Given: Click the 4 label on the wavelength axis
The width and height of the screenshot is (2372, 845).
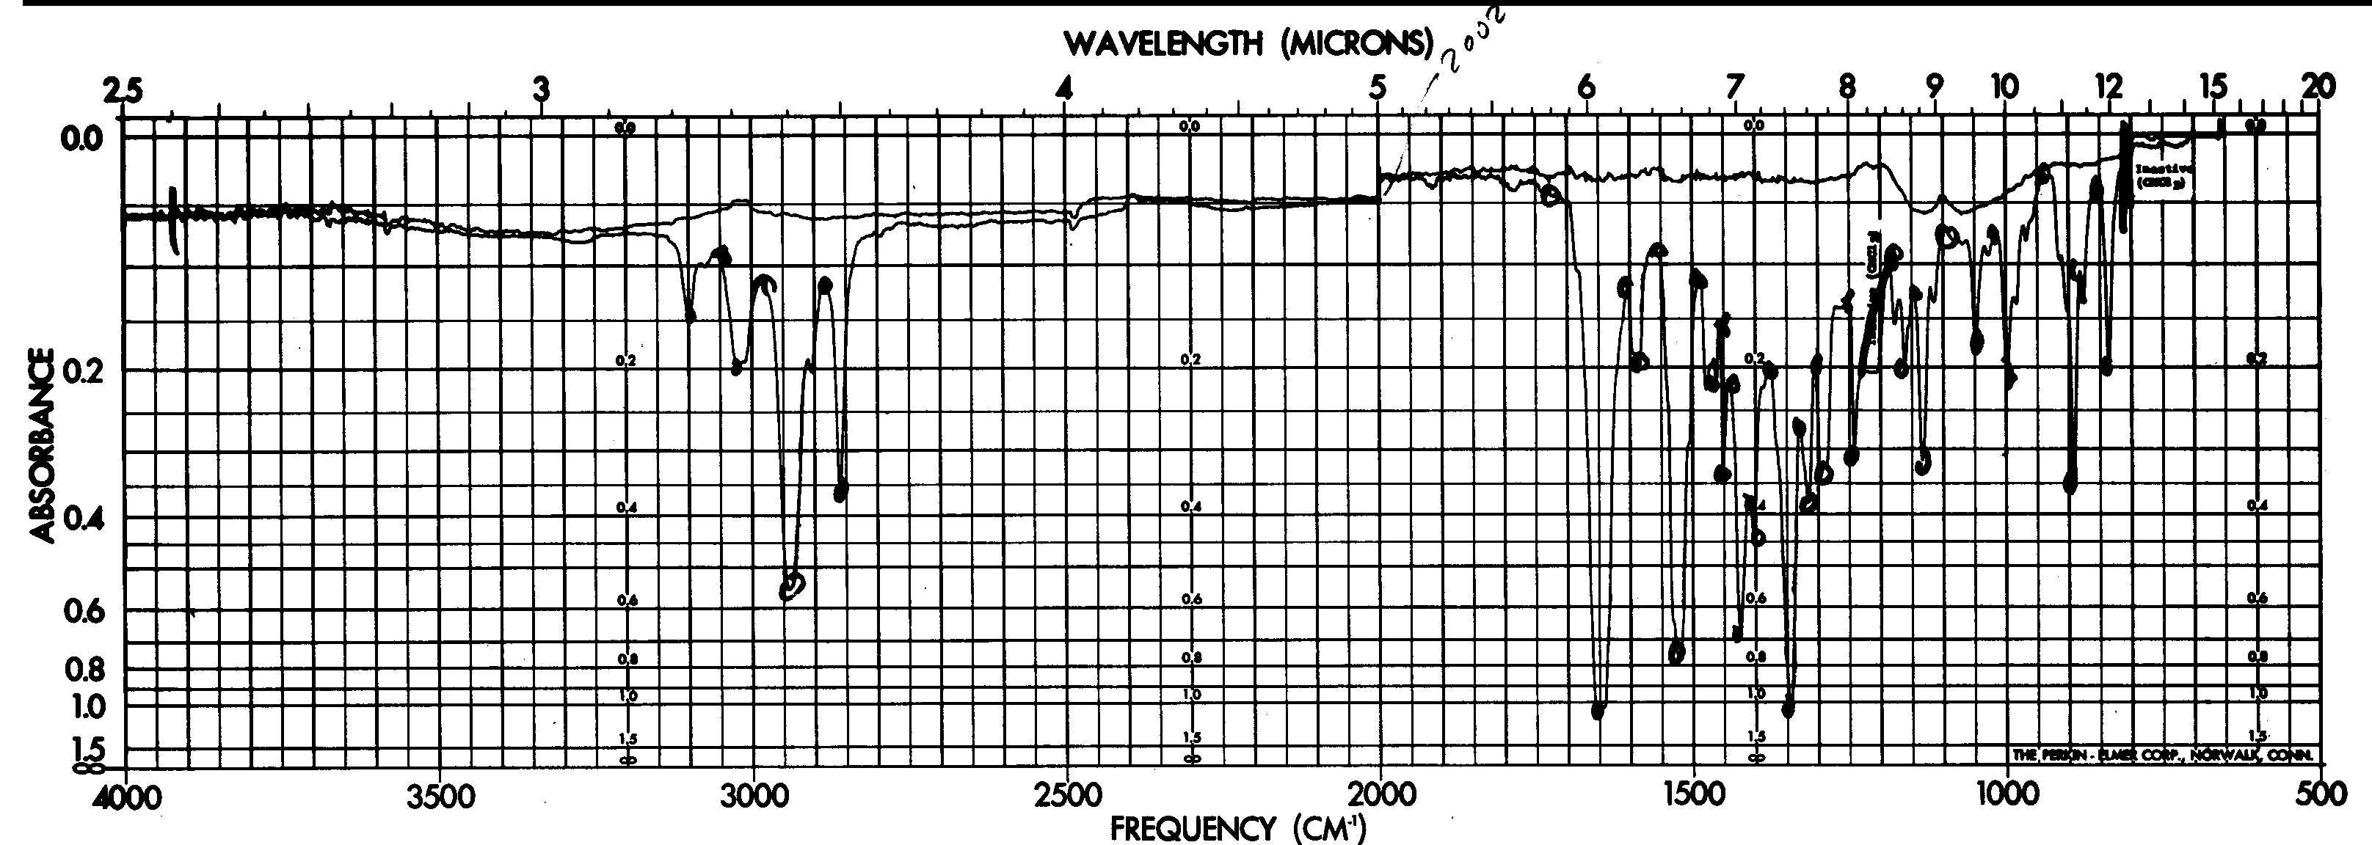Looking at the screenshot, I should coord(1066,88).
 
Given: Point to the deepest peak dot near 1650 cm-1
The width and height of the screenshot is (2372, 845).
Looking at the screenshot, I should coord(1598,710).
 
